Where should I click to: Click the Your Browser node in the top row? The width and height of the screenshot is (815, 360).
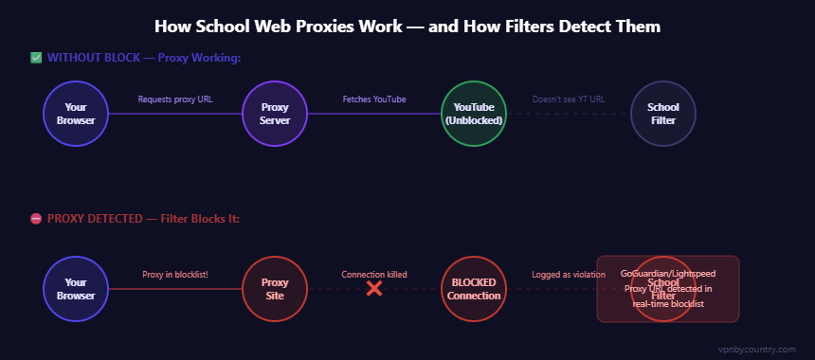(76, 114)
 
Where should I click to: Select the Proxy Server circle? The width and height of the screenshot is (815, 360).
(275, 114)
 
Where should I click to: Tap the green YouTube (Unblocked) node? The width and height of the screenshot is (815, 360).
(474, 114)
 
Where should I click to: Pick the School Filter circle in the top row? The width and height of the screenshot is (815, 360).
(663, 114)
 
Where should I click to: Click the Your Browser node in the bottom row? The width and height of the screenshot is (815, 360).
(76, 288)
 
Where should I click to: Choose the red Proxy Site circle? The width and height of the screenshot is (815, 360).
(275, 288)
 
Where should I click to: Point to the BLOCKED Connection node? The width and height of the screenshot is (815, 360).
(474, 288)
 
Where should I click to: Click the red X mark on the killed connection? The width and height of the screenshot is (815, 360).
(374, 288)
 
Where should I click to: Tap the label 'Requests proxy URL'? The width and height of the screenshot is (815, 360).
(175, 99)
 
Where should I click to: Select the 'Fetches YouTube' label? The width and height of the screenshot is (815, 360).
(374, 99)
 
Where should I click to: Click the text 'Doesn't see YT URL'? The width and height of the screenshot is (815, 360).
(569, 99)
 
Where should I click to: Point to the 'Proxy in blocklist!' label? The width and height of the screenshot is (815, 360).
(175, 274)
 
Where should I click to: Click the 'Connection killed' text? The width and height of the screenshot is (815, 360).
(374, 274)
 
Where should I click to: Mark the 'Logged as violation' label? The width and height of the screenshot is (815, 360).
(569, 274)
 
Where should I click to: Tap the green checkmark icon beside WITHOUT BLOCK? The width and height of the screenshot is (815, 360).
(36, 59)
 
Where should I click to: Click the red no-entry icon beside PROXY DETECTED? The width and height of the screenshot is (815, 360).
(36, 219)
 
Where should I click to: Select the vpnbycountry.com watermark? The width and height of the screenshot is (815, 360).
(757, 349)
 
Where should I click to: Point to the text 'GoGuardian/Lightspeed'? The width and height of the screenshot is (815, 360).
(668, 273)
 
